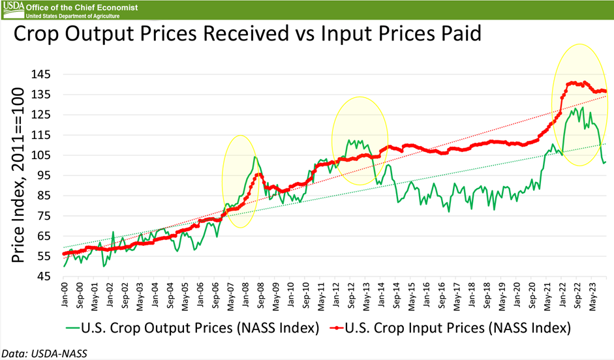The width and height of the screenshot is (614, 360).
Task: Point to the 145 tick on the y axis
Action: pyautogui.click(x=47, y=74)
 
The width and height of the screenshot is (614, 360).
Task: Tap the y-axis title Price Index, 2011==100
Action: pyautogui.click(x=20, y=176)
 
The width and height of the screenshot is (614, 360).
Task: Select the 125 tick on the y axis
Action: pyautogui.click(x=47, y=115)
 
